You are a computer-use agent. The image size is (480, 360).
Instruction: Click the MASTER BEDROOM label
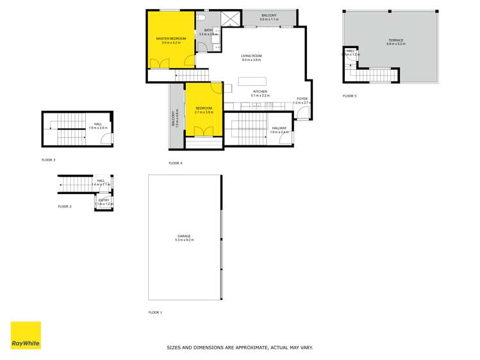(x=167, y=38)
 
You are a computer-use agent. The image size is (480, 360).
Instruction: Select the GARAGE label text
(x=184, y=236)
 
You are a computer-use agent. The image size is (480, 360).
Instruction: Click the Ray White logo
(x=26, y=336)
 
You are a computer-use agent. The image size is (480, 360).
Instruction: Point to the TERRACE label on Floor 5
(x=395, y=40)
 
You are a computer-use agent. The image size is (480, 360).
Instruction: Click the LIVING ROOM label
(x=251, y=56)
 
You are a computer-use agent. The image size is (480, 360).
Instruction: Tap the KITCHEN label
(x=260, y=92)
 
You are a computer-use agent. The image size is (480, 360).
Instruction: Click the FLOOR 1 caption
(x=155, y=313)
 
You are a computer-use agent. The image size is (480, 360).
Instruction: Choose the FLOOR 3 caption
(x=48, y=160)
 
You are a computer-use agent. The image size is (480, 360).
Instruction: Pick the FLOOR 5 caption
(x=349, y=96)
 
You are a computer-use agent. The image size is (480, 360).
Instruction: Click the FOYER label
(x=302, y=99)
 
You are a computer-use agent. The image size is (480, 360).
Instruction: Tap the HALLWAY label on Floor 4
(x=279, y=128)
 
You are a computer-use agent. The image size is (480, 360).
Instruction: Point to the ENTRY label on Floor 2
(x=103, y=200)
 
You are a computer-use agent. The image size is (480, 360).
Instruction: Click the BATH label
(x=208, y=30)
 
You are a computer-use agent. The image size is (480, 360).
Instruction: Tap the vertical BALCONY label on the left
(x=173, y=118)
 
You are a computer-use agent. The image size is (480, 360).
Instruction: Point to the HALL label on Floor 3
(x=97, y=124)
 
